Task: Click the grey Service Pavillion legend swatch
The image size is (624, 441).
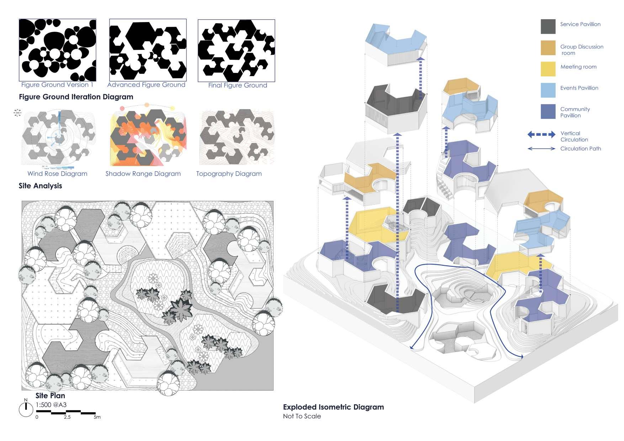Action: [548, 27]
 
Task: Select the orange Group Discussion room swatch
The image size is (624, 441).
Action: [548, 48]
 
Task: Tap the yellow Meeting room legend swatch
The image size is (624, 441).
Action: [548, 69]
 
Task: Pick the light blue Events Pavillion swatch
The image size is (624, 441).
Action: [548, 90]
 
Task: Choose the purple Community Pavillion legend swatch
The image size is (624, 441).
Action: [548, 112]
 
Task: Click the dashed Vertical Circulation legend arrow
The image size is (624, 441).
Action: [541, 134]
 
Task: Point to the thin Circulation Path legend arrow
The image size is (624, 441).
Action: [541, 149]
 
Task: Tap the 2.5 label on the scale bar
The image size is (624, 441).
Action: [67, 417]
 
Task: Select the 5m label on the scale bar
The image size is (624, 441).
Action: [97, 417]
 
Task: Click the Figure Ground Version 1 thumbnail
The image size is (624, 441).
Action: [57, 50]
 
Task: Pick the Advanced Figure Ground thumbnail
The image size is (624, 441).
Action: [148, 50]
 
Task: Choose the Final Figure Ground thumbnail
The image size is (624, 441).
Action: [236, 51]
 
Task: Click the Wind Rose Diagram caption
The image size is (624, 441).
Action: [57, 174]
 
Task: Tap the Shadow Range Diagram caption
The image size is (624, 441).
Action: [143, 174]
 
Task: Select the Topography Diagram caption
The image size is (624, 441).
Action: [229, 174]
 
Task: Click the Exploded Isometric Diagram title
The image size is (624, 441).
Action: [333, 407]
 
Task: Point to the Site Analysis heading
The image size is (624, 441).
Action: [40, 186]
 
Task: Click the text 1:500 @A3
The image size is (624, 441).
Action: [51, 405]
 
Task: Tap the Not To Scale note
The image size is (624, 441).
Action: [302, 416]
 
